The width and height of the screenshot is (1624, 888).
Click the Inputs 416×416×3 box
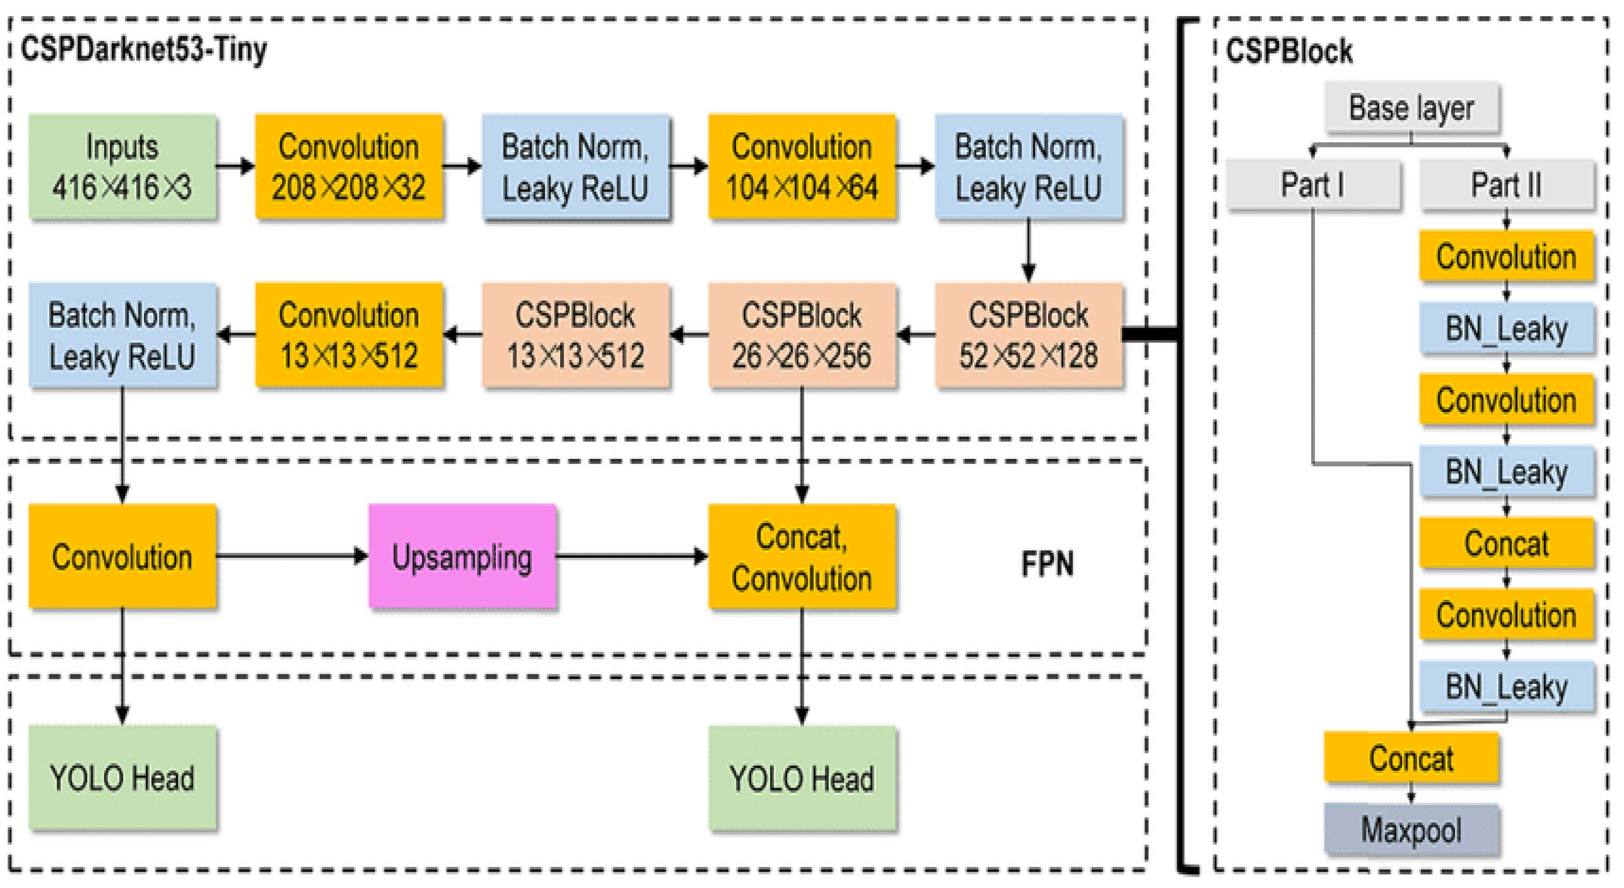point(123,167)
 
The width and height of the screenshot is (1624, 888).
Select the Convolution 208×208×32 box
point(349,167)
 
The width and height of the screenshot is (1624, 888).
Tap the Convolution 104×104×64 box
point(802,167)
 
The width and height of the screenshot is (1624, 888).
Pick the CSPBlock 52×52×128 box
point(1029,335)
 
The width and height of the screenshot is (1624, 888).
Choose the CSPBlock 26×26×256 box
point(802,335)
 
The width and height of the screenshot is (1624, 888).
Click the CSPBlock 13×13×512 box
point(575,335)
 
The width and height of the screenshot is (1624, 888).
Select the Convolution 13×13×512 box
point(349,335)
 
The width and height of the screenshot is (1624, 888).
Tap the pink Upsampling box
point(462,556)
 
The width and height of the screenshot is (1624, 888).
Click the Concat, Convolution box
point(802,556)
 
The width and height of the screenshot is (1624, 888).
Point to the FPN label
point(1047,564)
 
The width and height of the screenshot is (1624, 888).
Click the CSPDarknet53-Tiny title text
point(144,49)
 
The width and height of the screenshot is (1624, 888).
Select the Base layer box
point(1411,108)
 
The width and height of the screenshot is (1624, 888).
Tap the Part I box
point(1313,185)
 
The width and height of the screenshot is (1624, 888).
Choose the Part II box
point(1507,185)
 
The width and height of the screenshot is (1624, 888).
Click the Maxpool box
point(1411,829)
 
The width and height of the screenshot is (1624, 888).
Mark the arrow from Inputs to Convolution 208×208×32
point(236,166)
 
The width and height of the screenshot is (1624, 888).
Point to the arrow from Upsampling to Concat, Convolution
point(632,556)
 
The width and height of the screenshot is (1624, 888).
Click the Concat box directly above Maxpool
point(1411,758)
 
